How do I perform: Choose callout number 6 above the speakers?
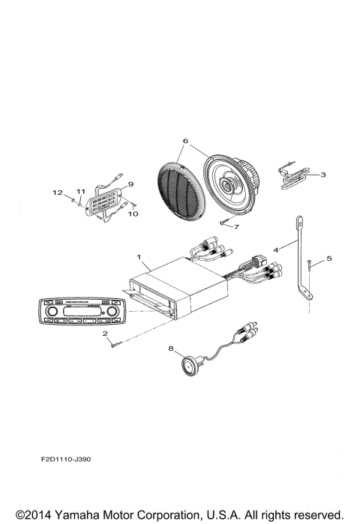click(x=185, y=140)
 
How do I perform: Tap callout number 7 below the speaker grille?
click(x=237, y=226)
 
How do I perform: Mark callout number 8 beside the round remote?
click(x=170, y=349)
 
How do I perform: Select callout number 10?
click(x=135, y=214)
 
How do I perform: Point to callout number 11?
click(x=81, y=192)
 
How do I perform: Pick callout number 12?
click(x=65, y=193)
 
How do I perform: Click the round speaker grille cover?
click(x=180, y=190)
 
